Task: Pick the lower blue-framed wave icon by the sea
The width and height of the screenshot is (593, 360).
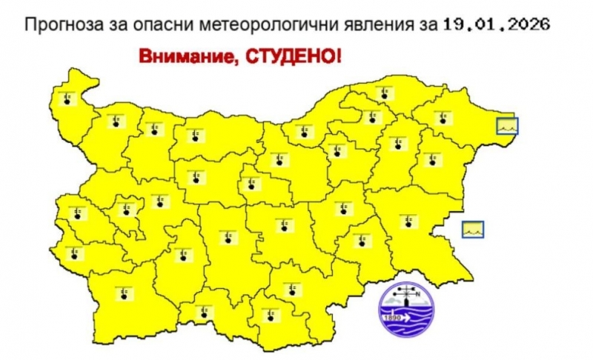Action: [x=472, y=230]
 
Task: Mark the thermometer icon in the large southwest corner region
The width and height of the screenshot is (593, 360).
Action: [x=120, y=293]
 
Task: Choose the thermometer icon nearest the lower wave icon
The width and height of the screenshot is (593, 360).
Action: [x=406, y=220]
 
